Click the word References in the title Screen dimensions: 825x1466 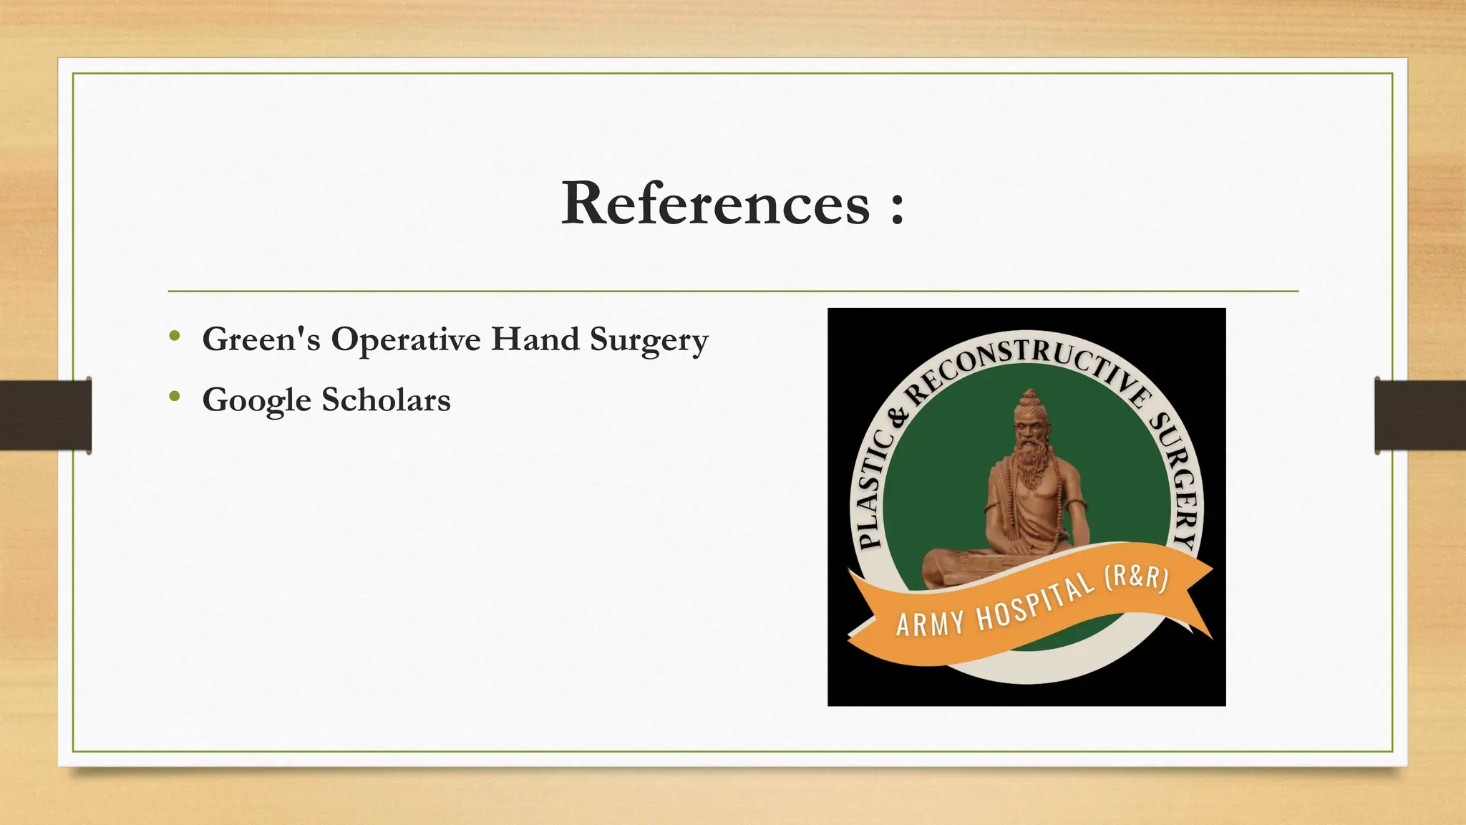pyautogui.click(x=715, y=204)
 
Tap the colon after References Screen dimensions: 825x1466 pyautogui.click(x=898, y=208)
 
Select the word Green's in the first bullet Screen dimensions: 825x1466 pyautogui.click(x=261, y=339)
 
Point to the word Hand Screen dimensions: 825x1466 pyautogui.click(x=535, y=339)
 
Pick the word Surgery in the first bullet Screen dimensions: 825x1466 pyautogui.click(x=649, y=341)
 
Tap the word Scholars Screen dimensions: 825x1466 pyautogui.click(x=386, y=400)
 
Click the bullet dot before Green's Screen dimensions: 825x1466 pyautogui.click(x=175, y=336)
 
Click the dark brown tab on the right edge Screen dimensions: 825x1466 pyautogui.click(x=1419, y=415)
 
